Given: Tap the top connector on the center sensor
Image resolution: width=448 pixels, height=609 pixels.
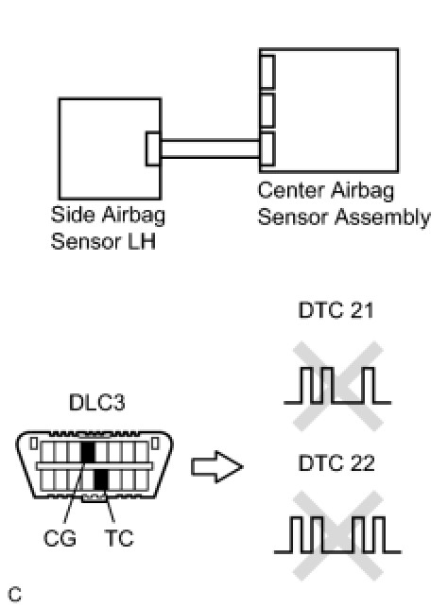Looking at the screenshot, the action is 267,72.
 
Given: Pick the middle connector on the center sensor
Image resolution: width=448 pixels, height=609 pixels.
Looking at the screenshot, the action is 267,111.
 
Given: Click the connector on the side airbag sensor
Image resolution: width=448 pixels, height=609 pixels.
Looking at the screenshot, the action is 153,148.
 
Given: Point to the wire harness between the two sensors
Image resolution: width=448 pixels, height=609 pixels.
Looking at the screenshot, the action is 210,148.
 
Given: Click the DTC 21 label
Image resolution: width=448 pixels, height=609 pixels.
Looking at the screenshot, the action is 336,310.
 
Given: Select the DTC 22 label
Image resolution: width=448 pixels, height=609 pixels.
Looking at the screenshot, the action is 336,463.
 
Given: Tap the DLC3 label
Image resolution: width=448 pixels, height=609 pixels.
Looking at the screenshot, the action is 97,403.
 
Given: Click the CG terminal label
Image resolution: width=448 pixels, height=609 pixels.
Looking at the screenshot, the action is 60,538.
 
